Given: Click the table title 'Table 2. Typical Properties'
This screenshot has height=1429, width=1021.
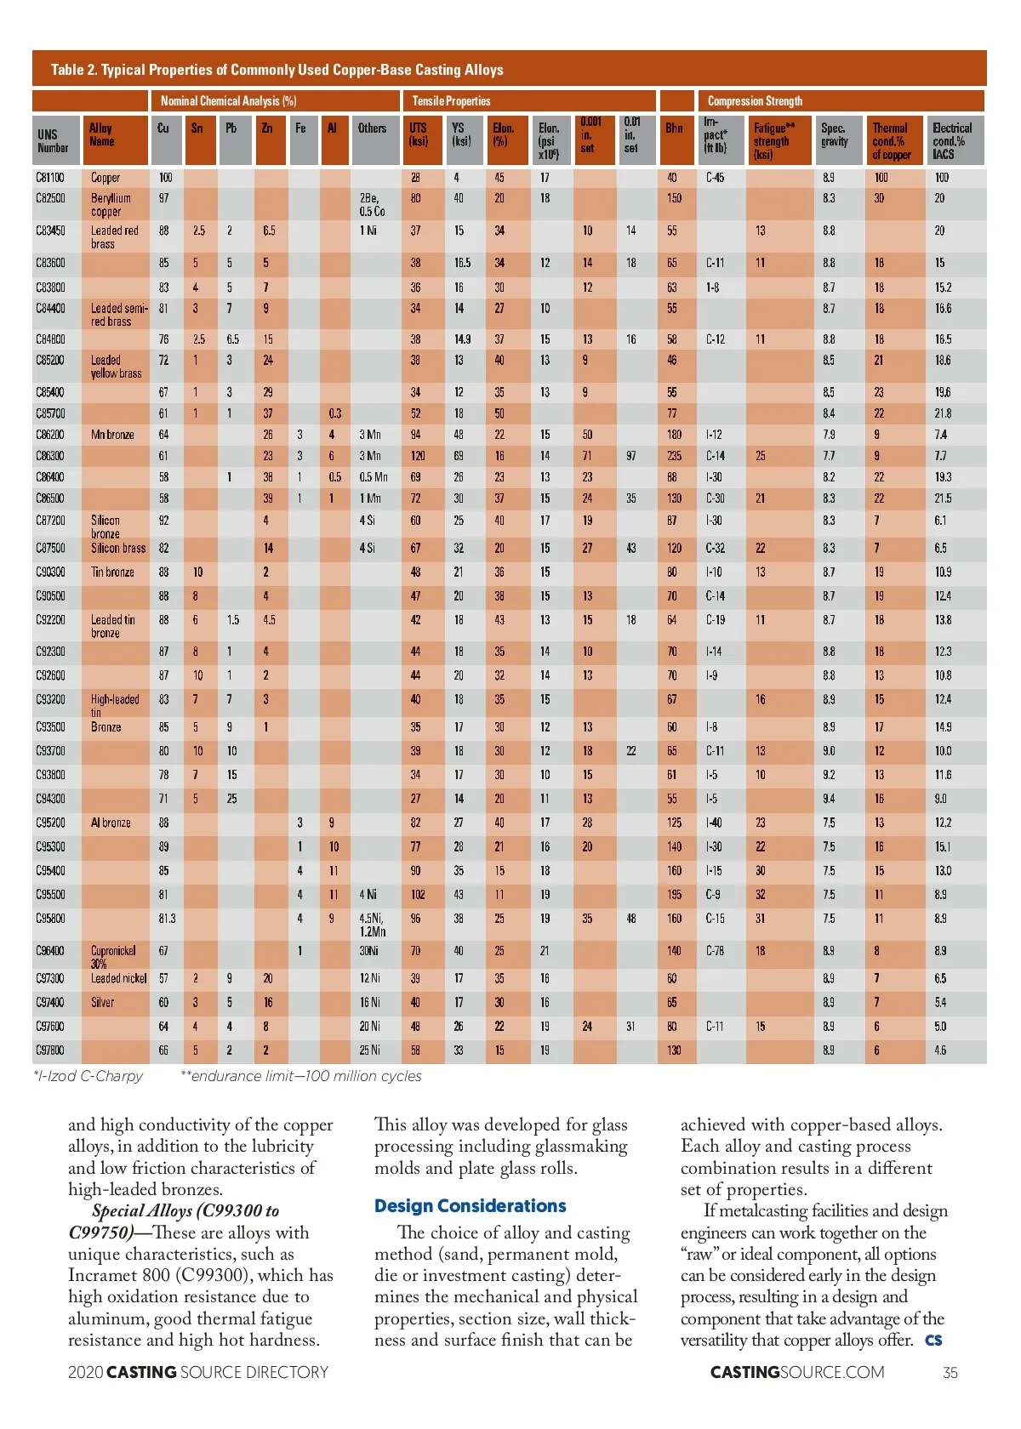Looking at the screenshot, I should [277, 70].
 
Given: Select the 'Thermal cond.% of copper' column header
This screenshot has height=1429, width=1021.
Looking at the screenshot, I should [891, 141].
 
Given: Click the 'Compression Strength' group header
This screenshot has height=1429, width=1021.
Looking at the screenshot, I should [755, 101].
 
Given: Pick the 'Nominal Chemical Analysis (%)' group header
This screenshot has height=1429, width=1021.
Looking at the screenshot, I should [228, 101].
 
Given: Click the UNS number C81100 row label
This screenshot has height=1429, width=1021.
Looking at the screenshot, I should [50, 178].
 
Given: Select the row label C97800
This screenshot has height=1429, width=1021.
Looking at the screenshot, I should [50, 1050].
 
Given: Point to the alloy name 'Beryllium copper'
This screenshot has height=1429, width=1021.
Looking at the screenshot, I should [111, 205].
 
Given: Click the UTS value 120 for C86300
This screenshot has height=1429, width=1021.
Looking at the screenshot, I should [418, 456].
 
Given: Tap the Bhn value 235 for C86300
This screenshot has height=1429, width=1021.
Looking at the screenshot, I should [674, 456].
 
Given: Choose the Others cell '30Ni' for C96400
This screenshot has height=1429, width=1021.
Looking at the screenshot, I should [370, 951].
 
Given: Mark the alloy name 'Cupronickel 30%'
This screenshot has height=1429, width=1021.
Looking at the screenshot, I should [112, 957].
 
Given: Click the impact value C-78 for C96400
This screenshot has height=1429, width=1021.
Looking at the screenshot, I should [715, 951].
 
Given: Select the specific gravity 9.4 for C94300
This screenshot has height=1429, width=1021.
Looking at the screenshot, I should [829, 799].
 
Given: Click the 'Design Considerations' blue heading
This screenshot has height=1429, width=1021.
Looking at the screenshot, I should [470, 1206].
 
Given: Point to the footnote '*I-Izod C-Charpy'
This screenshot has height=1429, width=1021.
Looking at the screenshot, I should [88, 1076].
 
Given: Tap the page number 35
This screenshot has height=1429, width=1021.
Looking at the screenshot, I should [950, 1372].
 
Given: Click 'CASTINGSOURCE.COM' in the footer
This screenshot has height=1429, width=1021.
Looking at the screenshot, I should [797, 1372].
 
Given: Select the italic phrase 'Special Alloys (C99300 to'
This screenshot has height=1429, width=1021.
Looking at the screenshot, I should [185, 1211].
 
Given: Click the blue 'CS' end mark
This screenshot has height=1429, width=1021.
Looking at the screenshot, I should [933, 1341].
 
